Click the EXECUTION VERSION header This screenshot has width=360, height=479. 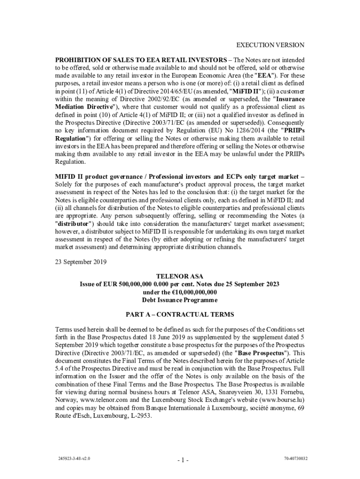[270, 45]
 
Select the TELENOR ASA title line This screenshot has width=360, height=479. [180, 276]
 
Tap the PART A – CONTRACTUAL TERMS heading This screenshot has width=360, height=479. [180, 315]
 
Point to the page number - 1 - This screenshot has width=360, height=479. [183, 460]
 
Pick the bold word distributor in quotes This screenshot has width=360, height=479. [75, 223]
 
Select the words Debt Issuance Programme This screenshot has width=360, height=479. [180, 299]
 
